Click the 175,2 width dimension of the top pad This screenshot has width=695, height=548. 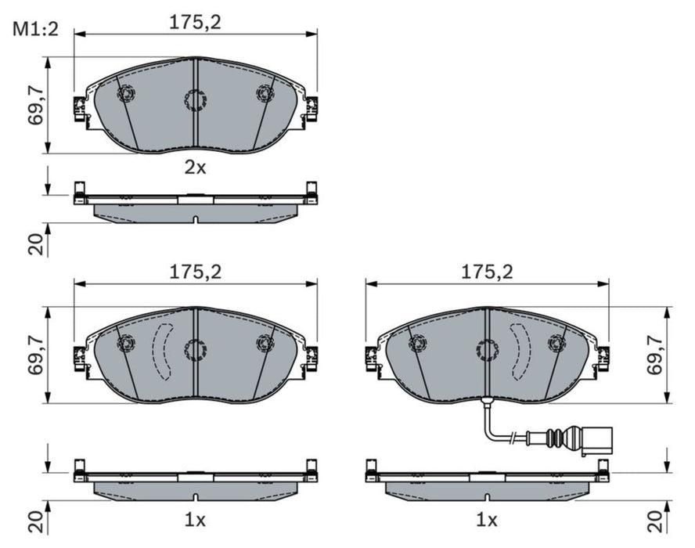pos(196,23)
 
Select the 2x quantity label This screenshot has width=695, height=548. pos(195,167)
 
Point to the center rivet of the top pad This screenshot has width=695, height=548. pos(194,99)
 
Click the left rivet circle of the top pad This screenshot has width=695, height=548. pos(125,93)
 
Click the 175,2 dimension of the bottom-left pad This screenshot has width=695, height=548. pos(196,272)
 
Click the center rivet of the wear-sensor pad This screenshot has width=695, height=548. pos(487,349)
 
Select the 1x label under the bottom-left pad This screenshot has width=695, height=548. pos(195,520)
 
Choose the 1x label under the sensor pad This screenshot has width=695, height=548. pos(487,520)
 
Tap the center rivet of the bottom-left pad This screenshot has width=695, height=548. pos(194,349)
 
